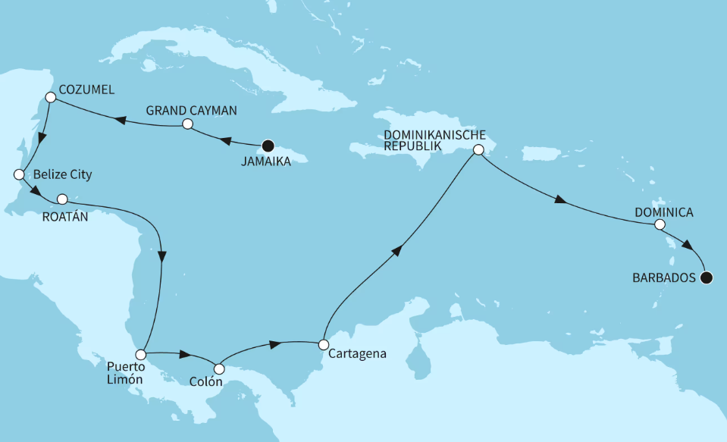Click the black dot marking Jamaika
(x=266, y=146)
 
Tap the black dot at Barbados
(x=707, y=277)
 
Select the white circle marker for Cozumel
(x=50, y=97)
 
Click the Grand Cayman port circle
(x=188, y=124)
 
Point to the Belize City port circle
(x=19, y=174)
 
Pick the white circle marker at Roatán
(x=63, y=199)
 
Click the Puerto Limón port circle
(x=140, y=354)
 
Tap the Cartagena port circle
(x=324, y=343)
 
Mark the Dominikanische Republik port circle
(x=478, y=150)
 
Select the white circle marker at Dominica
(x=660, y=224)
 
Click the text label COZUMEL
(x=87, y=90)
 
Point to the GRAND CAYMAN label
(x=192, y=110)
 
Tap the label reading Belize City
(x=62, y=175)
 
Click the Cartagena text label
(x=359, y=353)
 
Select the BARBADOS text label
(x=663, y=278)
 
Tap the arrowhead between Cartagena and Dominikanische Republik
(x=396, y=252)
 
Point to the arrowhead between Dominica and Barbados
(x=687, y=246)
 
